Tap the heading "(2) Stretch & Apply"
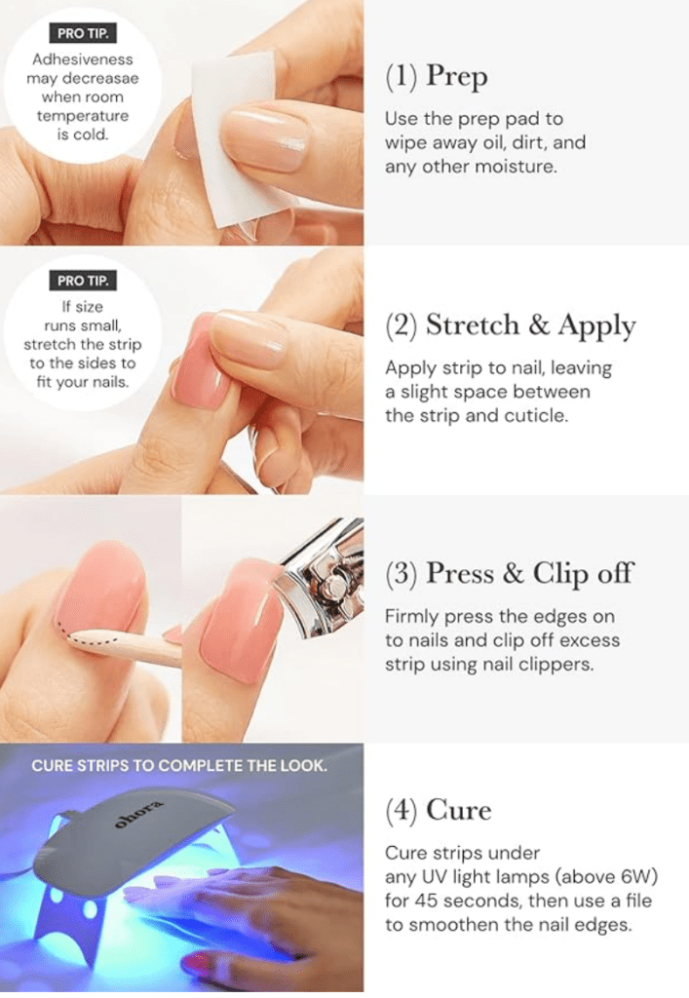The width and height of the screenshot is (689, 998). (511, 326)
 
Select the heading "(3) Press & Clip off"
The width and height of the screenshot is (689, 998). (510, 573)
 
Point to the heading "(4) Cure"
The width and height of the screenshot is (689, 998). (439, 810)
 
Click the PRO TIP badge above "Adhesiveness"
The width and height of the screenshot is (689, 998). (81, 37)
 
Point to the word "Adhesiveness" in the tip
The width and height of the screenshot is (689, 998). (82, 61)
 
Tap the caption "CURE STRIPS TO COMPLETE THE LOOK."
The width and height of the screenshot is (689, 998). (179, 765)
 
